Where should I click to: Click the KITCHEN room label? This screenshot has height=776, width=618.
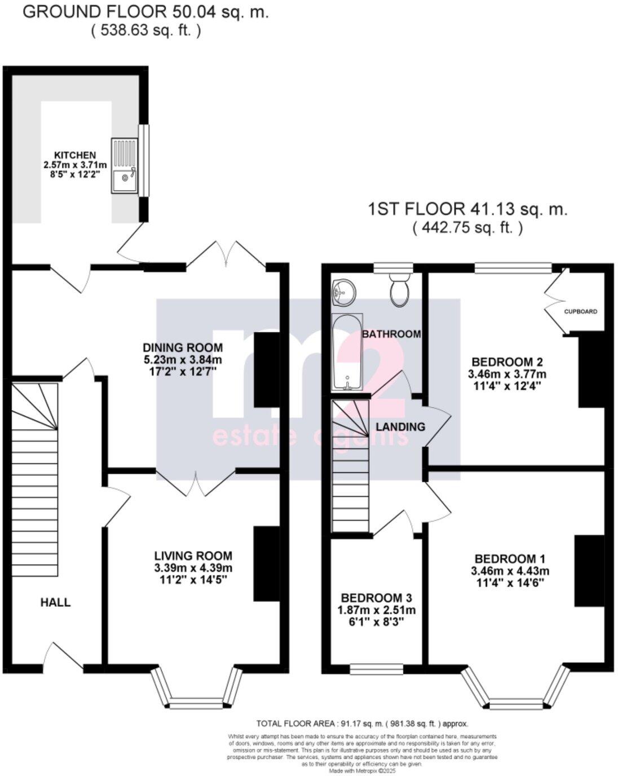tap(74, 155)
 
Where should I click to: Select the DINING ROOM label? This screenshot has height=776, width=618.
tap(182, 347)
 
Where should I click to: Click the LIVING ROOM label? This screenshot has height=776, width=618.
tap(193, 555)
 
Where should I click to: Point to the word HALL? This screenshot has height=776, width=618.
tap(55, 602)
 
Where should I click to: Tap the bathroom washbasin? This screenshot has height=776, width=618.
tap(343, 292)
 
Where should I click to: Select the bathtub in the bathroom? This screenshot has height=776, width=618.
tap(346, 353)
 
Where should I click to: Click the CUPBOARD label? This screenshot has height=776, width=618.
tap(580, 311)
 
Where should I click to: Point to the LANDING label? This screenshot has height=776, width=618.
tap(400, 426)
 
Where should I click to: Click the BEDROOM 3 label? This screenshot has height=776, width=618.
tap(377, 598)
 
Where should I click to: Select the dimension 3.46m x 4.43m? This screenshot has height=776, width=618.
tap(510, 571)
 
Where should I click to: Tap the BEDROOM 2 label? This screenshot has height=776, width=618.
tap(507, 361)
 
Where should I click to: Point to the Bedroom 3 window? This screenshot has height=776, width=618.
tap(377, 669)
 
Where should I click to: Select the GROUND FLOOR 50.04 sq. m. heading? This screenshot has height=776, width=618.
tap(145, 12)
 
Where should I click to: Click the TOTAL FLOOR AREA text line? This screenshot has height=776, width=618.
tap(362, 724)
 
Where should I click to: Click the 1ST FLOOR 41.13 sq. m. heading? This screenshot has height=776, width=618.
tap(467, 209)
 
